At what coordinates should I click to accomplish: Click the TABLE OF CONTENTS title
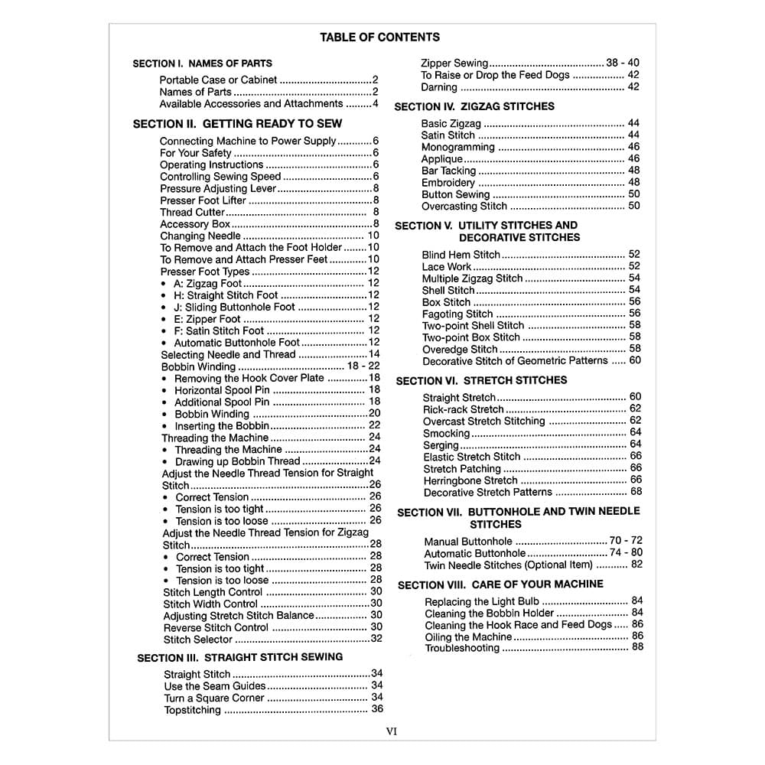tap(379, 37)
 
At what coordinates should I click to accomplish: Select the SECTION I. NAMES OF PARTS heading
tap(202, 63)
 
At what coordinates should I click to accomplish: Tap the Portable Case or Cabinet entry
tap(218, 80)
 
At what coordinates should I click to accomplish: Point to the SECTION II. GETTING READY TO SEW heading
tap(237, 123)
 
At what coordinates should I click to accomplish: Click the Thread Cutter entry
tap(193, 212)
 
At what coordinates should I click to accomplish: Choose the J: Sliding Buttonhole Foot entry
tap(234, 307)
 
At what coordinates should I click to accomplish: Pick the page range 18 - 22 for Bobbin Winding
tap(363, 366)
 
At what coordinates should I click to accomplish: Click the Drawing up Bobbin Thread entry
tap(237, 461)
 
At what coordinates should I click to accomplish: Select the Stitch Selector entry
tap(197, 640)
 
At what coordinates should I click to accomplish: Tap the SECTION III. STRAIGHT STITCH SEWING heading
tap(239, 657)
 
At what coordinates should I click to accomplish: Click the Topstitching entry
tap(192, 710)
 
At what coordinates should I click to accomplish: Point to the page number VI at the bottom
tap(392, 731)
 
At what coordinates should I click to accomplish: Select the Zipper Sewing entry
tap(454, 63)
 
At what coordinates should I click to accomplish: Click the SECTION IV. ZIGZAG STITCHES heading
tap(474, 106)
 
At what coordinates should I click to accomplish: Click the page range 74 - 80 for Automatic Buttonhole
tap(626, 552)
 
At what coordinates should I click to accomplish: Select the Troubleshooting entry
tap(462, 649)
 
